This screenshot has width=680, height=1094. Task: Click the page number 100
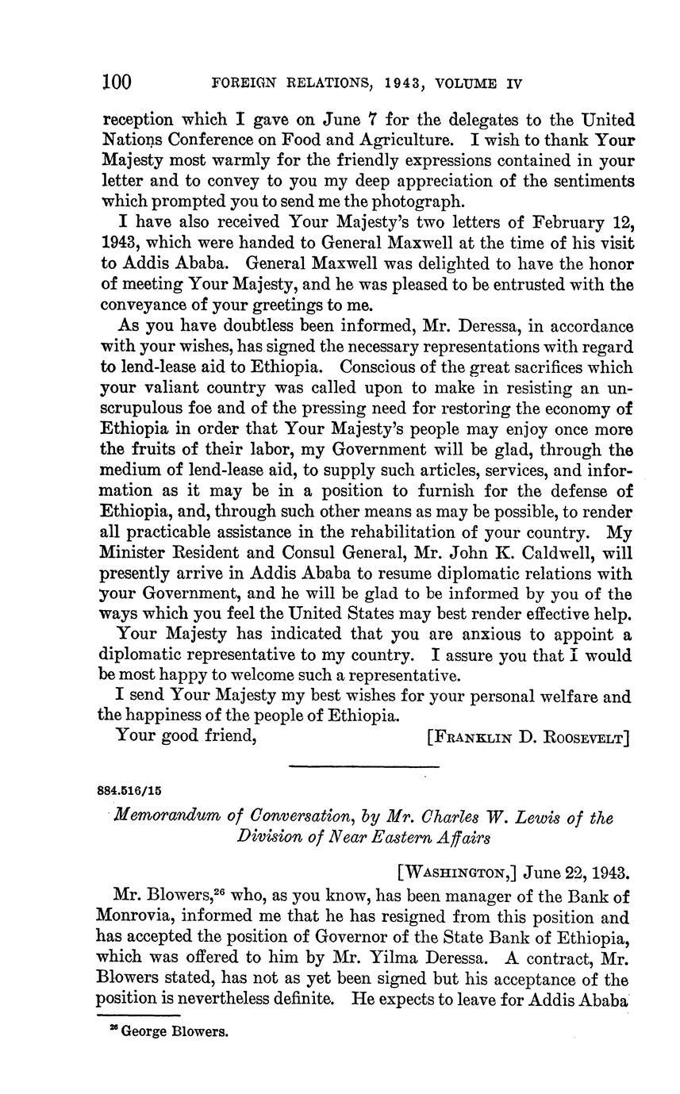pos(117,83)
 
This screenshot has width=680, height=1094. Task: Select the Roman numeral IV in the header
pos(513,83)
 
